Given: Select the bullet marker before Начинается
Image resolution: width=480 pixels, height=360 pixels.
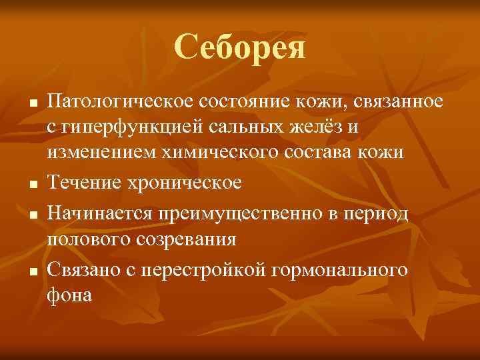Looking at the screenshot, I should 31,215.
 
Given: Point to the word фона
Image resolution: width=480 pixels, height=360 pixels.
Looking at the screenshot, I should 69,295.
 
